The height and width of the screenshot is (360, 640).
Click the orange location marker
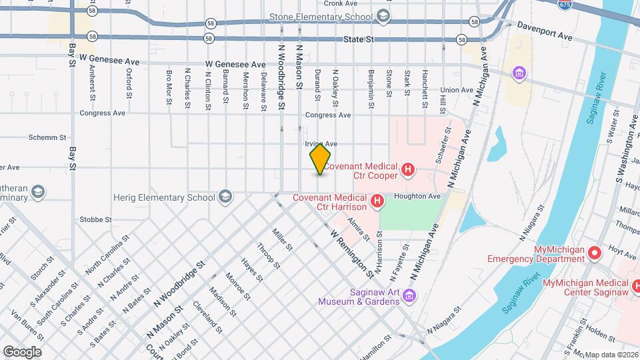tap(320, 159)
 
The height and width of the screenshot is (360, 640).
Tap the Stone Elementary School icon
tap(383, 16)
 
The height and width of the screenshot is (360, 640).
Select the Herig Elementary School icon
tap(225, 197)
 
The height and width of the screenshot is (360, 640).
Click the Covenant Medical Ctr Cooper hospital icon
tap(407, 171)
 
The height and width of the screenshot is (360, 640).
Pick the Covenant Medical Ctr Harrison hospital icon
tap(377, 200)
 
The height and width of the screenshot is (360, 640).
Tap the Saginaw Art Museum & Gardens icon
tap(410, 295)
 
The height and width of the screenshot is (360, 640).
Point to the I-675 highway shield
tap(565, 4)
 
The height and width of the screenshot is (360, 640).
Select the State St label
tap(359, 40)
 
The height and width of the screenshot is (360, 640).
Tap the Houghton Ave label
tap(417, 197)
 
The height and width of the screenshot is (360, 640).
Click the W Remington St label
tap(352, 254)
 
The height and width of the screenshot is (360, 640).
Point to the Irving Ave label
tap(321, 144)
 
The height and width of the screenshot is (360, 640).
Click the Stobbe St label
tap(95, 219)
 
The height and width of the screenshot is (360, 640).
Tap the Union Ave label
tap(457, 90)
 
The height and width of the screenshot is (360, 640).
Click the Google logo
tap(22, 351)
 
